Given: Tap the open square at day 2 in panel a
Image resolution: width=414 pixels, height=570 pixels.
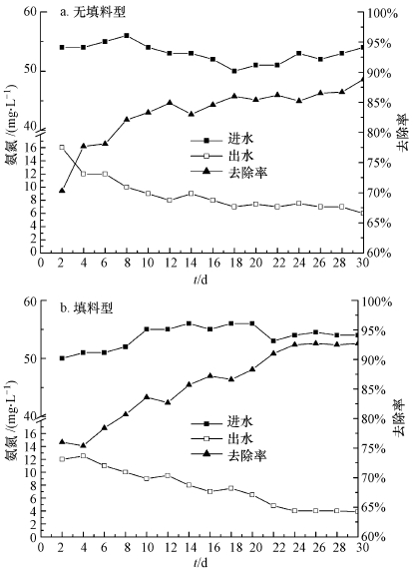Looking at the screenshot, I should (x=62, y=148).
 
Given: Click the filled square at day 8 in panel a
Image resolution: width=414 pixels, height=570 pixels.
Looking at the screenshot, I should (x=127, y=35).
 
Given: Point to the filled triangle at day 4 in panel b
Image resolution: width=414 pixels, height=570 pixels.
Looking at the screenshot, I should (x=84, y=445).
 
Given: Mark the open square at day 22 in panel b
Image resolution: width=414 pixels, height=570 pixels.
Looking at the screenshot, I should (x=274, y=505).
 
